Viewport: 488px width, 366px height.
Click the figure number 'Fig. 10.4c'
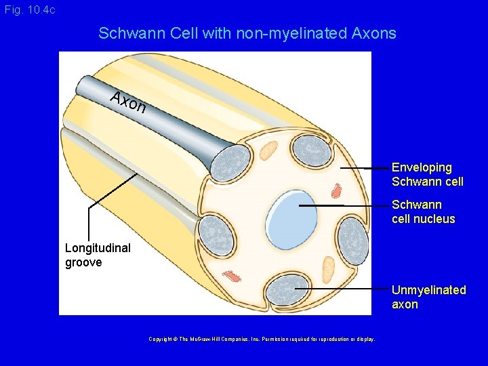pyautogui.click(x=30, y=10)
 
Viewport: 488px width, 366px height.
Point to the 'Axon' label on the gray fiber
pyautogui.click(x=129, y=102)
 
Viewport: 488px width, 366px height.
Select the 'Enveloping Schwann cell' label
pyautogui.click(x=427, y=174)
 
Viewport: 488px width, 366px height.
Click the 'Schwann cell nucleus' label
pyautogui.click(x=423, y=211)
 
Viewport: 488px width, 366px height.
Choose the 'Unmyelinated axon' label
pyautogui.click(x=428, y=297)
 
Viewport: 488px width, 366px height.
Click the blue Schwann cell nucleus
pyautogui.click(x=293, y=211)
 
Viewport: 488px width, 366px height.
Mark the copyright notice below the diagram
pyautogui.click(x=262, y=339)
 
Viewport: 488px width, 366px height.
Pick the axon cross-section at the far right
pyautogui.click(x=352, y=240)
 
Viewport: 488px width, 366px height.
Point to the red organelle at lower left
pyautogui.click(x=232, y=276)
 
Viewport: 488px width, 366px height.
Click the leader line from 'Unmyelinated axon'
pyautogui.click(x=342, y=289)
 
